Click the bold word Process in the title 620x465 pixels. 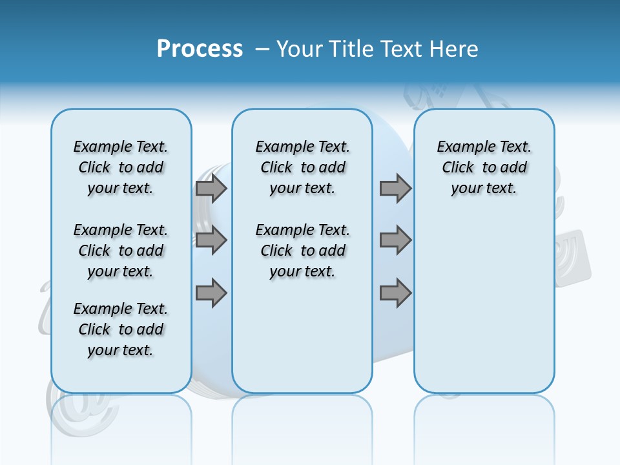(x=200, y=48)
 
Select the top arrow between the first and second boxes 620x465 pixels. (x=211, y=188)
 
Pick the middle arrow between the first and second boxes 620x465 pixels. (x=211, y=241)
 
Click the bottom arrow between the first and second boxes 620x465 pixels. (x=211, y=293)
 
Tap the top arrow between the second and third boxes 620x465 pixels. (x=395, y=188)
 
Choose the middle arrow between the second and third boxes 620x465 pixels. (x=395, y=241)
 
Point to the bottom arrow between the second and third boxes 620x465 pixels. (x=395, y=293)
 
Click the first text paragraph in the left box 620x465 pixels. (x=121, y=167)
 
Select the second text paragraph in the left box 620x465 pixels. (x=121, y=251)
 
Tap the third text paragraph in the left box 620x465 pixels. (x=121, y=329)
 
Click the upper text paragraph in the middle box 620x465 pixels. (x=302, y=167)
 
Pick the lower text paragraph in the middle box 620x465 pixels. (x=302, y=251)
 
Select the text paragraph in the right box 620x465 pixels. (x=484, y=167)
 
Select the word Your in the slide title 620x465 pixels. (x=300, y=48)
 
